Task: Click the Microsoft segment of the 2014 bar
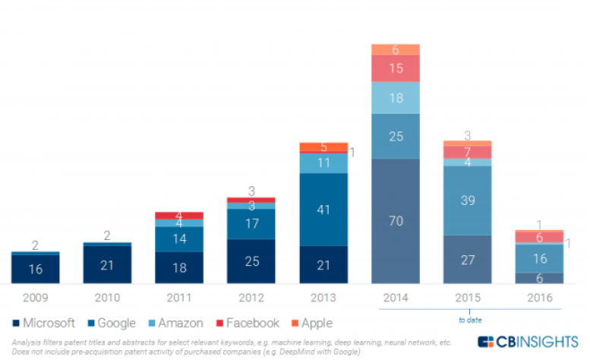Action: click(x=396, y=221)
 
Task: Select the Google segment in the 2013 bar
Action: click(x=324, y=209)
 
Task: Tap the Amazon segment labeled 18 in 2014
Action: click(x=396, y=97)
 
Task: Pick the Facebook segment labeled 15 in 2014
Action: click(x=396, y=68)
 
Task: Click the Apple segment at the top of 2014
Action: click(x=396, y=49)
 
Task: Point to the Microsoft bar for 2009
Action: click(x=36, y=268)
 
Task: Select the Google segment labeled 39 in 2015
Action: click(x=468, y=201)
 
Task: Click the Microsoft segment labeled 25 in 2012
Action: click(x=252, y=261)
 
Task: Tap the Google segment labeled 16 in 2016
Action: click(x=540, y=258)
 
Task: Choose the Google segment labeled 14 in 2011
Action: click(x=180, y=238)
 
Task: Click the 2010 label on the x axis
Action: click(x=107, y=297)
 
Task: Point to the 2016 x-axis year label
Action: click(x=540, y=297)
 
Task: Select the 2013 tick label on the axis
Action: click(x=324, y=297)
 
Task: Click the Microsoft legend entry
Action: click(x=45, y=323)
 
